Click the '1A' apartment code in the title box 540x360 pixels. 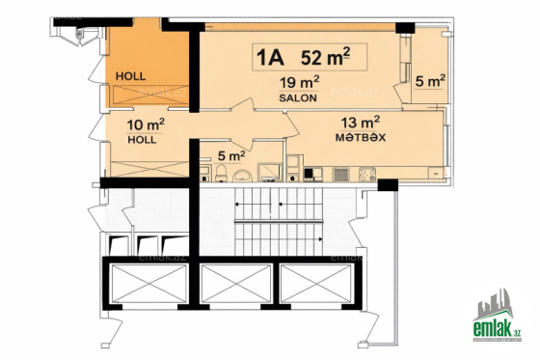point(270,58)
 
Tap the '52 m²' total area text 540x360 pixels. point(326,56)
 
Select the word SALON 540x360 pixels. point(298,97)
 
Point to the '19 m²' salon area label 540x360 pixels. point(299,83)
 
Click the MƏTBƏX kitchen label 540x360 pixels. point(361,138)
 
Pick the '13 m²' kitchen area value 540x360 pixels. point(361,122)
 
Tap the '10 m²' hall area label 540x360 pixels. point(146,125)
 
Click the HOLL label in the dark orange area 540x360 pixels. point(130,76)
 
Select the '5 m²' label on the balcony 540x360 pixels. point(430,81)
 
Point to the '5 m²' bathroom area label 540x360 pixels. point(231,155)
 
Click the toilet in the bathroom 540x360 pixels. point(221,174)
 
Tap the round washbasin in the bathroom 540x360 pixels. point(242,176)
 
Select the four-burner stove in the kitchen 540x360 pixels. point(367,175)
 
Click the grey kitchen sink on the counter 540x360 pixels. point(340,175)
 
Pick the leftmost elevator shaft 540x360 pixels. point(149,284)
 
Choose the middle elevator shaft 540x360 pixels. point(236,284)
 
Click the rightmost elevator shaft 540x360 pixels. point(316,284)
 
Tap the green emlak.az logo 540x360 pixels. point(497,316)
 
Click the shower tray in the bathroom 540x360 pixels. point(270,173)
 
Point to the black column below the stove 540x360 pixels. point(388,185)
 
